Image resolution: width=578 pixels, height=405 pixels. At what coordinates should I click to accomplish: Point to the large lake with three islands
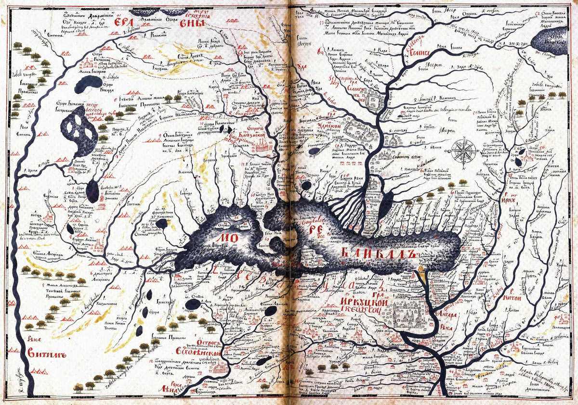point(80,131)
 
